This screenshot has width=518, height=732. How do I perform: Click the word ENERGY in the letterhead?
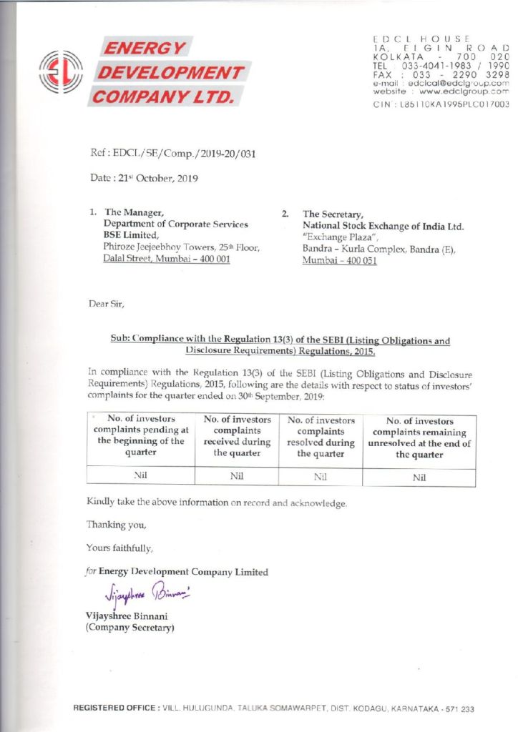(146, 49)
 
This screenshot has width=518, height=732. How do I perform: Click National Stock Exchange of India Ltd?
(383, 227)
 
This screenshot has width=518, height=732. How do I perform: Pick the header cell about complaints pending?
(141, 436)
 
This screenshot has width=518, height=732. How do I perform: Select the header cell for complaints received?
(238, 436)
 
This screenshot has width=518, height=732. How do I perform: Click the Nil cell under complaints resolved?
(321, 475)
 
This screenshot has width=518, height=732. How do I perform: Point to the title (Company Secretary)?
(130, 628)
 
